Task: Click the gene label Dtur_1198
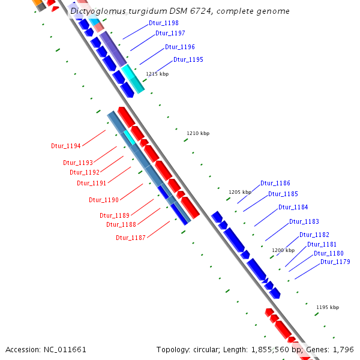click(163, 23)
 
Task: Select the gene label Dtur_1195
click(188, 59)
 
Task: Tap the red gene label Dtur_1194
click(66, 146)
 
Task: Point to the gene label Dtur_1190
click(104, 200)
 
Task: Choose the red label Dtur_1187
click(131, 238)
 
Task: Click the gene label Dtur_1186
click(275, 183)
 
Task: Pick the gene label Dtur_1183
click(304, 221)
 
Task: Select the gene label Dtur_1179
click(335, 262)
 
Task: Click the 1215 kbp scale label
click(157, 74)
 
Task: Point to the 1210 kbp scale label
click(198, 133)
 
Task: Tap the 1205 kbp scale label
click(239, 192)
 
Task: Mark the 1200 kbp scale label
click(283, 250)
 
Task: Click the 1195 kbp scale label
click(327, 307)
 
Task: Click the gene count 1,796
click(342, 349)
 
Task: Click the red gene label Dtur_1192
click(85, 172)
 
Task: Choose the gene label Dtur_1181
click(322, 244)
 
